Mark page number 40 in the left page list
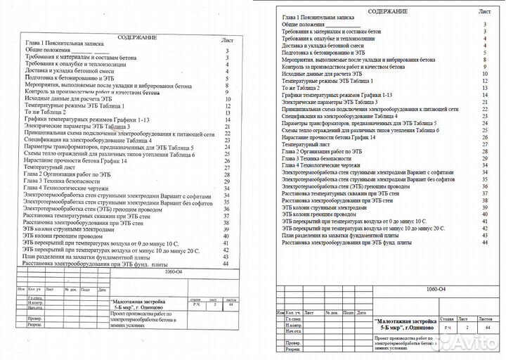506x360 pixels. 226,236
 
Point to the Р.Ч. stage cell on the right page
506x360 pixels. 447,328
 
